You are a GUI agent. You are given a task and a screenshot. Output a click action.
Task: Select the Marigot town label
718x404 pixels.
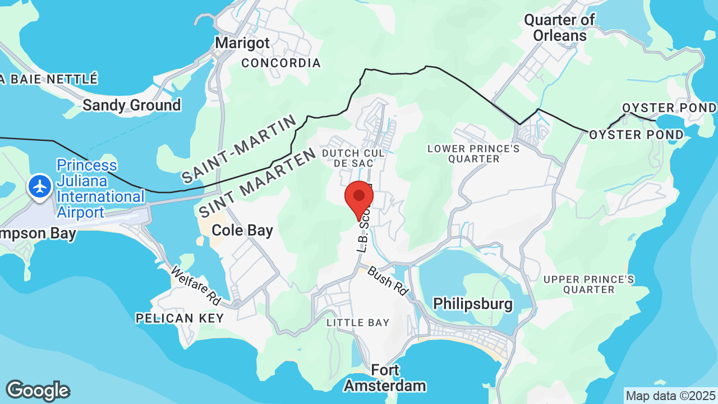242,43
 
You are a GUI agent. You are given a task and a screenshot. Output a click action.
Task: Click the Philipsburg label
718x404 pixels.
473,304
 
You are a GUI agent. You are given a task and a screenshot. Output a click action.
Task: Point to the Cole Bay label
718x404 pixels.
242,230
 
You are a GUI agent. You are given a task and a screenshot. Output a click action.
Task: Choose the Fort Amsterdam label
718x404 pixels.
385,378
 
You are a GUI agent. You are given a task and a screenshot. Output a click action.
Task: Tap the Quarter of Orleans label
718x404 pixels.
559,28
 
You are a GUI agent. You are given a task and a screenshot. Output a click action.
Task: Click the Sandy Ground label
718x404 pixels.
132,105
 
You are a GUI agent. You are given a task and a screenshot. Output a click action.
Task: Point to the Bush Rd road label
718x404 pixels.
388,281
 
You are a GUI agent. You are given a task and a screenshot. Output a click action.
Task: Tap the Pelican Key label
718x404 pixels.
179,318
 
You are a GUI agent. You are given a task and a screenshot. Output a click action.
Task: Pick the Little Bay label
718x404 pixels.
358,323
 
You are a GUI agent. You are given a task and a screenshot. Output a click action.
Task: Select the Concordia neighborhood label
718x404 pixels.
281,63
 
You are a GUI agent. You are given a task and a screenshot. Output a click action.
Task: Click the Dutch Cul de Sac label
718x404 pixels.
353,158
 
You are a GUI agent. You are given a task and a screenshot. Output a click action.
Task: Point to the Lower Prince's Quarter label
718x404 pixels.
473,154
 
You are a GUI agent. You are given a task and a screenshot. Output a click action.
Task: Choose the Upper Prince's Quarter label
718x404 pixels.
589,284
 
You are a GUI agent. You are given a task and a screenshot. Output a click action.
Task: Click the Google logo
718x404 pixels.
37,391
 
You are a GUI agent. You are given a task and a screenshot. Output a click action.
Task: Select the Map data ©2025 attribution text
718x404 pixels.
670,396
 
